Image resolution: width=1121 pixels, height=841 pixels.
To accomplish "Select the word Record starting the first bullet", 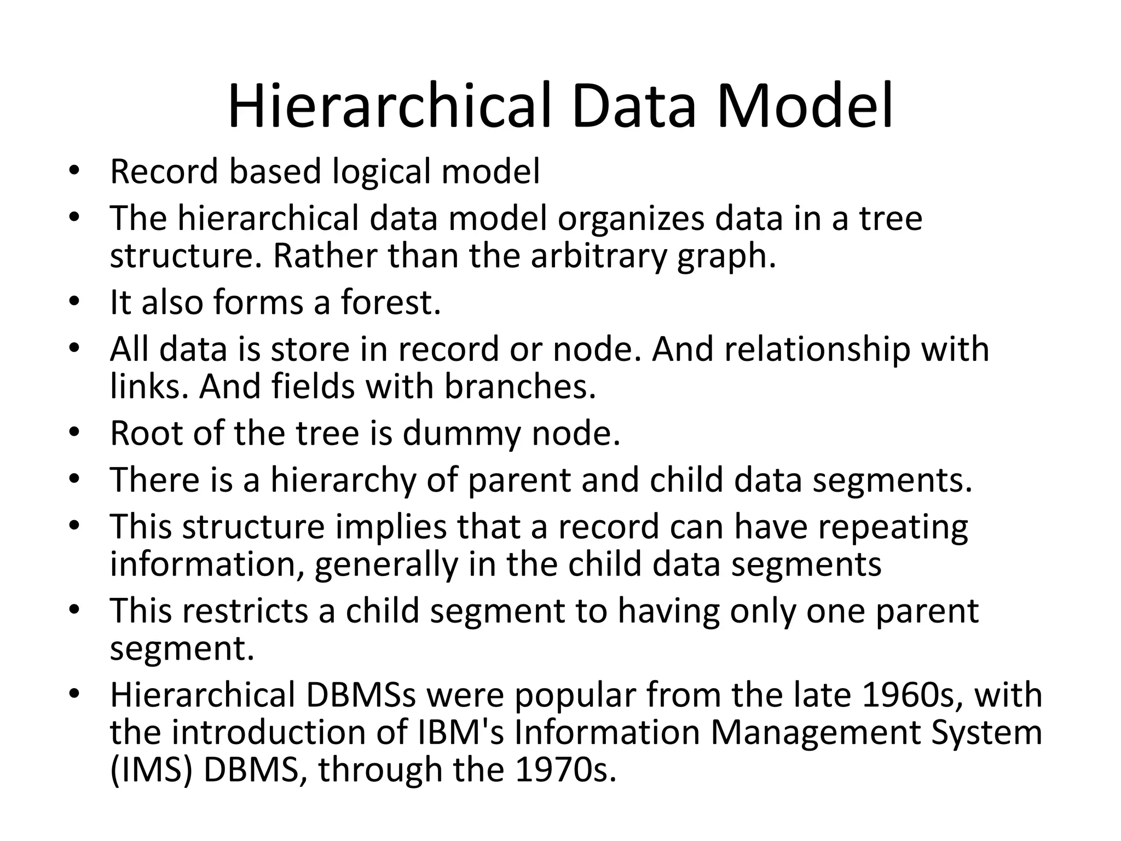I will click(163, 171).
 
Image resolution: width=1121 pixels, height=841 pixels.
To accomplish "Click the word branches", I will click(519, 387).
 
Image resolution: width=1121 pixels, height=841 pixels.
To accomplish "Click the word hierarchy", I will click(343, 480).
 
